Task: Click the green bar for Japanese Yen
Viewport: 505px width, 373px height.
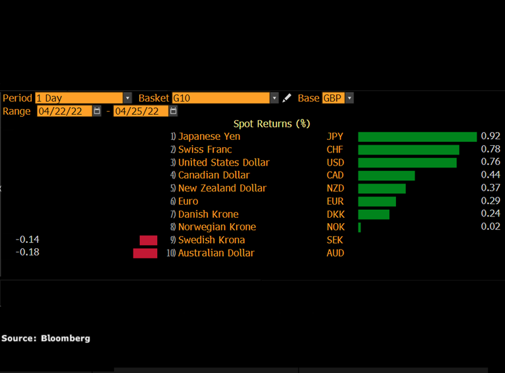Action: point(417,137)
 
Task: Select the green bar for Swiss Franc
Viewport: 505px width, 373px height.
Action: point(409,150)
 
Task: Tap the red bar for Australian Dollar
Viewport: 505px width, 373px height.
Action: point(145,253)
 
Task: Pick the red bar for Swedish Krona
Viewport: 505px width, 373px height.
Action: point(149,240)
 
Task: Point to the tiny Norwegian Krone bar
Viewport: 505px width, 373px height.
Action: point(360,227)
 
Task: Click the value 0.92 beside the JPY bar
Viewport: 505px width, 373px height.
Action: point(490,137)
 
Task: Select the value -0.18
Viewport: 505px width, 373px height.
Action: point(27,252)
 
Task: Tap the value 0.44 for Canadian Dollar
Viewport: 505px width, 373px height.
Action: point(490,175)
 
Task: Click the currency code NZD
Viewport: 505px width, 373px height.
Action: point(335,188)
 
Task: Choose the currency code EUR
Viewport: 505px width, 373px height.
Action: point(335,201)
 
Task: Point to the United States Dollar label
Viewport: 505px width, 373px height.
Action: point(224,162)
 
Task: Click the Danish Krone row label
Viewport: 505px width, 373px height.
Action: point(208,214)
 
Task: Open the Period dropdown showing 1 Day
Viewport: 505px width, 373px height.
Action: point(83,98)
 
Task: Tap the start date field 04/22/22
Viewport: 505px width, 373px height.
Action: point(64,111)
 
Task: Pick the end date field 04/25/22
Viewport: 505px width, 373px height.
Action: point(141,111)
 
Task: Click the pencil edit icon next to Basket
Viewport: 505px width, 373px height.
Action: point(286,98)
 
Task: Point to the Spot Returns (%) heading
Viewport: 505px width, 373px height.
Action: point(271,123)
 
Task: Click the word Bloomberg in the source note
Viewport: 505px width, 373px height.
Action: point(65,338)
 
